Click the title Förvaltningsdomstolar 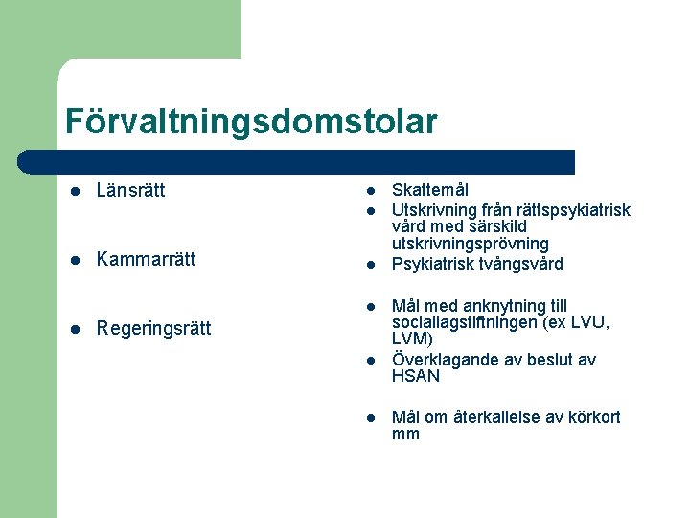251,121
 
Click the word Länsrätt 131,190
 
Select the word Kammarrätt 146,259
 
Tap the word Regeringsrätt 154,328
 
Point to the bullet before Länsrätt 76,191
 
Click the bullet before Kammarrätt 76,260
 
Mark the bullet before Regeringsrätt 76,329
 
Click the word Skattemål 430,190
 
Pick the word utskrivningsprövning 471,245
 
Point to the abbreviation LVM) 412,340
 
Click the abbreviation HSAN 416,377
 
